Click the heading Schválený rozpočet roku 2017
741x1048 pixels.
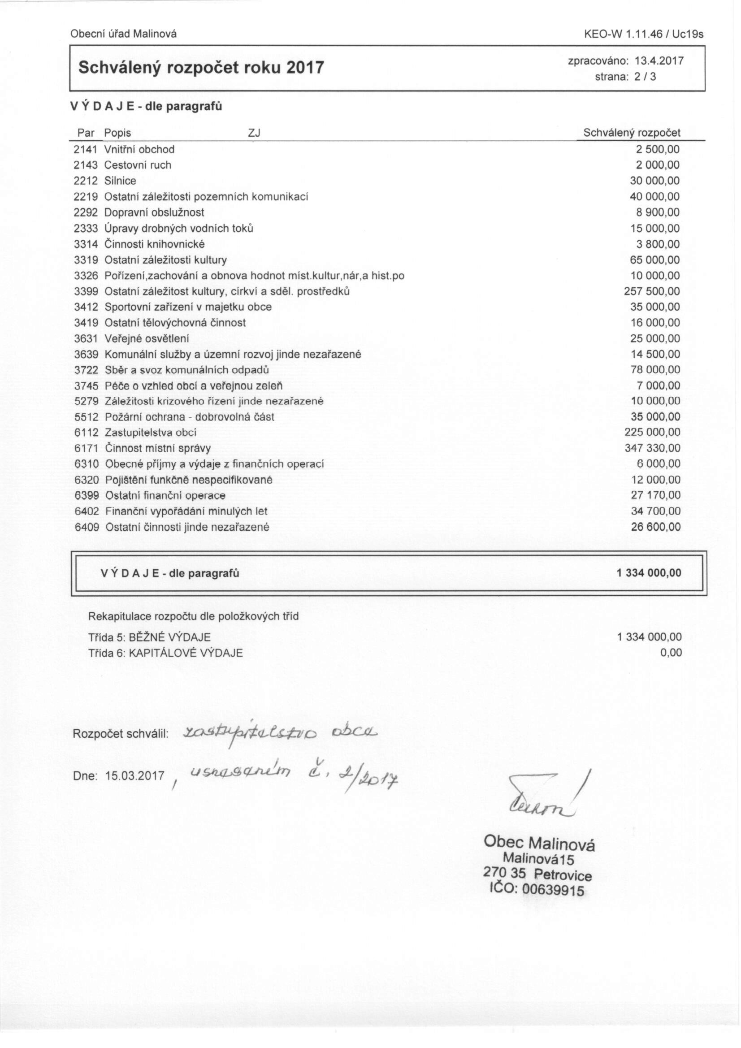(x=201, y=68)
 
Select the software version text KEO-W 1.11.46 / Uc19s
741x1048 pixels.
(x=644, y=34)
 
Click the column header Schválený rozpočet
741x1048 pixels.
(x=632, y=133)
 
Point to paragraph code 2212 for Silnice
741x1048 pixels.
(x=86, y=181)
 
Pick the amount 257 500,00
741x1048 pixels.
(x=652, y=291)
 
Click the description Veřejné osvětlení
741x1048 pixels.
(x=147, y=339)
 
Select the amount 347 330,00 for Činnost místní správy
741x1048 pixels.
(x=652, y=448)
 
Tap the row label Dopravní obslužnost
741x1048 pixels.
(x=154, y=212)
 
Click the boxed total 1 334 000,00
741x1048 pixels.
(x=649, y=573)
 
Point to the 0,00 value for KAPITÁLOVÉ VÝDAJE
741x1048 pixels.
(x=671, y=653)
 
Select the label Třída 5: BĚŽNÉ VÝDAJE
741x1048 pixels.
(x=149, y=637)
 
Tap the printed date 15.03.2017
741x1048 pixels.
(x=134, y=776)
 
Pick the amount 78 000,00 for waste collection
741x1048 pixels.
(x=655, y=370)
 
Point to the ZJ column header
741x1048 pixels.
(x=254, y=133)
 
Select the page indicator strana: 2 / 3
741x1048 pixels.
(x=625, y=77)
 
